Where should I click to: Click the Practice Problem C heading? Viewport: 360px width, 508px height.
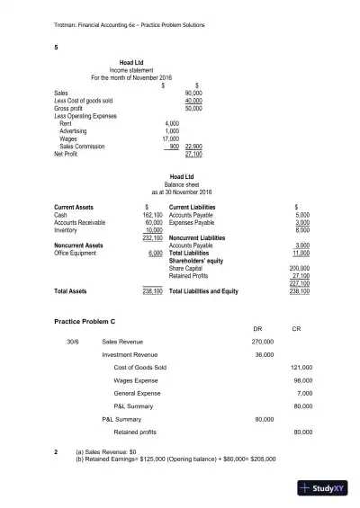[85, 321]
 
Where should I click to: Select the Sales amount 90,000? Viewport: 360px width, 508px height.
[193, 93]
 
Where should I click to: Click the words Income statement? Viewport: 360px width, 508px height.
[133, 69]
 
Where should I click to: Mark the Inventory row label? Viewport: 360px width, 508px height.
[67, 230]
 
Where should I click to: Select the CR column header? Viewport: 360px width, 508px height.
[297, 329]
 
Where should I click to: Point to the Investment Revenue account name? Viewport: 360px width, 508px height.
[125, 355]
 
